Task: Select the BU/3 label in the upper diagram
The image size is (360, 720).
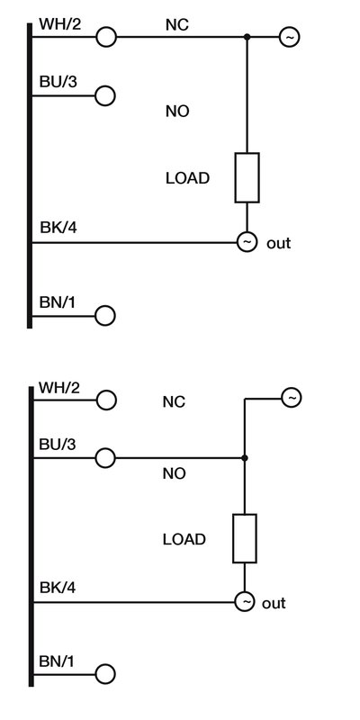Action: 57,81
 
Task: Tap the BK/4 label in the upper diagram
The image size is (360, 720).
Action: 57,229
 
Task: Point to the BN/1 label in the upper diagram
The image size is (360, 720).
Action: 57,301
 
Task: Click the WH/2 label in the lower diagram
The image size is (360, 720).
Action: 59,388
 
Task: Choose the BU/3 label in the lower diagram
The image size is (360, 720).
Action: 58,445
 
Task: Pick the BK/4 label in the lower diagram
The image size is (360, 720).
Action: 58,588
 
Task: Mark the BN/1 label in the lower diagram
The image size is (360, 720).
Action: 57,661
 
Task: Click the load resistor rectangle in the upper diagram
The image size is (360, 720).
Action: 247,177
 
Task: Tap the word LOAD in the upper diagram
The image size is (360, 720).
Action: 187,178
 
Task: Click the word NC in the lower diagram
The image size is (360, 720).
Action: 174,401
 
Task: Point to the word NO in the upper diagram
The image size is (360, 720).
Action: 176,112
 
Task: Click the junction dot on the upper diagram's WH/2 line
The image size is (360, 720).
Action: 247,37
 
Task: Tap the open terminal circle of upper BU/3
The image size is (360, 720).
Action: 106,94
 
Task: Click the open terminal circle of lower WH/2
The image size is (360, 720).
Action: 106,400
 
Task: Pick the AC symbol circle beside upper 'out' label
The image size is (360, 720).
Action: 246,243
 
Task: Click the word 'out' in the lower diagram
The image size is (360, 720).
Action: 274,603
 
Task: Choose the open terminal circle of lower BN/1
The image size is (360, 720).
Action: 106,674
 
